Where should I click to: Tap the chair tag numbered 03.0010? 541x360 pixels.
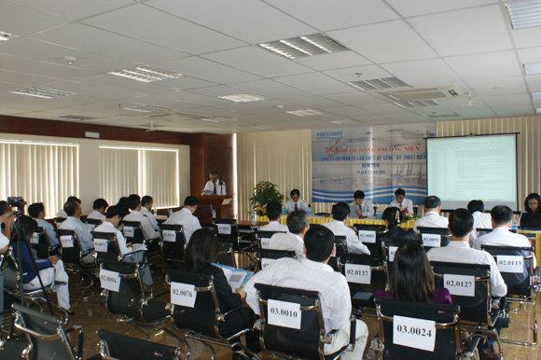[x=284, y=312]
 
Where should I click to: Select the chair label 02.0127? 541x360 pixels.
[x=459, y=284]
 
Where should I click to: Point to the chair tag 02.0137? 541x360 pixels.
[x=357, y=272]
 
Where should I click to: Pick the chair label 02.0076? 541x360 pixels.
[x=183, y=294]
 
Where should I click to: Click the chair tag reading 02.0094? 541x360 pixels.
[x=109, y=278]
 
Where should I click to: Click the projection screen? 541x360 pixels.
[x=471, y=171]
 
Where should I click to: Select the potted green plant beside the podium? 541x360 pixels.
[x=266, y=198]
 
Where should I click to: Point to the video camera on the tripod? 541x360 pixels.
[x=16, y=203]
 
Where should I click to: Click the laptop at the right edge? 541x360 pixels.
[x=530, y=220]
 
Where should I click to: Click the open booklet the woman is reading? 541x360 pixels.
[x=235, y=276]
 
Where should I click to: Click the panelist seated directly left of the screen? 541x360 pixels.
[x=401, y=202]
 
